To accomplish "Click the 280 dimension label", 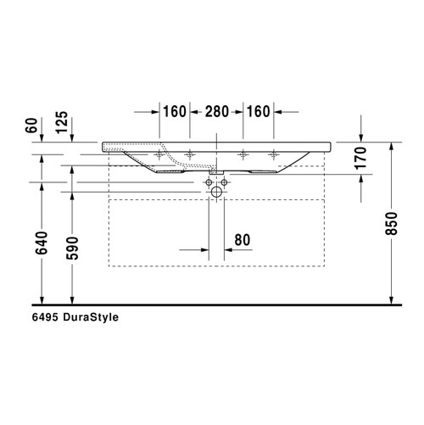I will coord(216,111).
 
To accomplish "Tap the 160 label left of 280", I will coord(175,111).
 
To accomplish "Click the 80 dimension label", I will coord(242,240).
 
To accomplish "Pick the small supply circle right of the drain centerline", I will coord(224,182).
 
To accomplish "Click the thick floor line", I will coord(212,305).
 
